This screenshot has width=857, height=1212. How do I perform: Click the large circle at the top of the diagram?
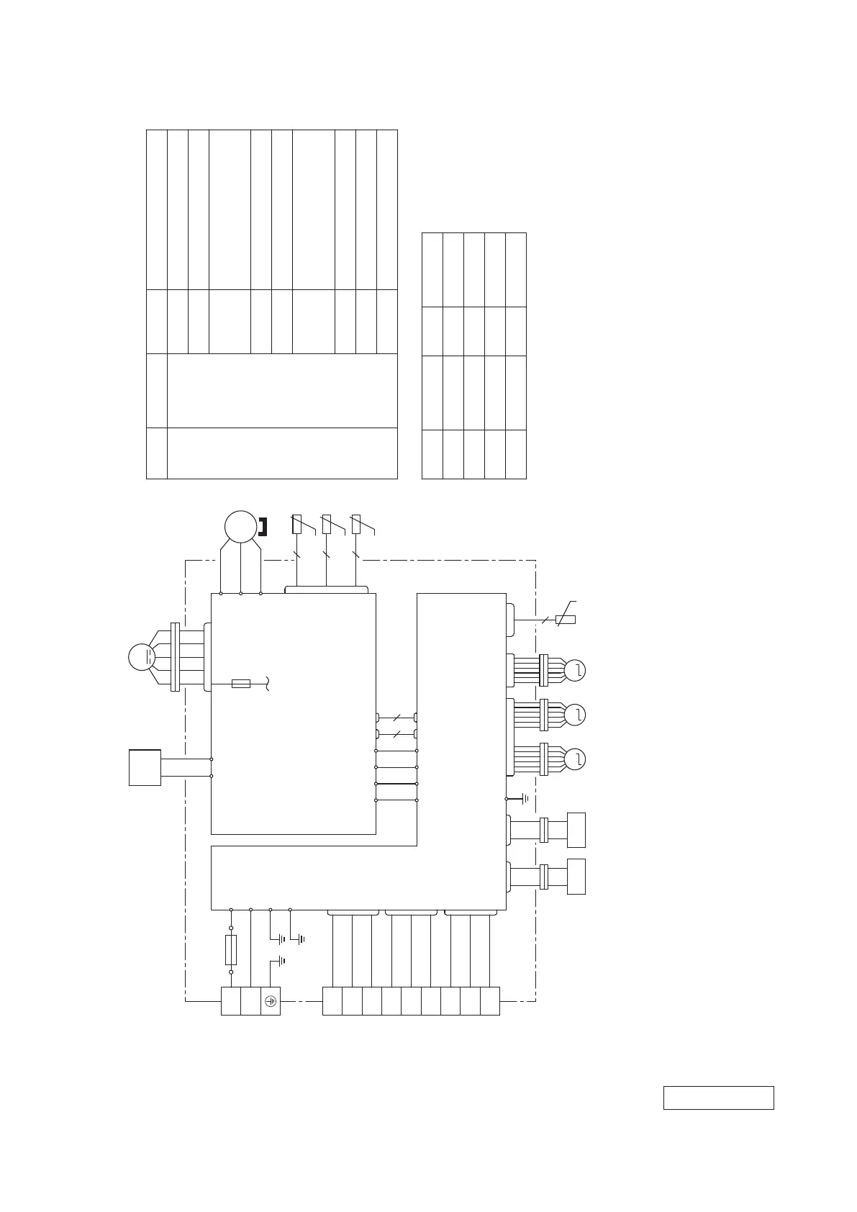coord(240,526)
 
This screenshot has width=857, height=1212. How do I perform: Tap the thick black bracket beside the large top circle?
coord(263,527)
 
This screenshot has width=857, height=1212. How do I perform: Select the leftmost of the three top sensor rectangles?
coord(296,524)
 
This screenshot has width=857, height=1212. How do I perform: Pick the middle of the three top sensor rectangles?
coord(326,524)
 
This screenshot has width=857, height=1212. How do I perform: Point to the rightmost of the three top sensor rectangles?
coord(355,524)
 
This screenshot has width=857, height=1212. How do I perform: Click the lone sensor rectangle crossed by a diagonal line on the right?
coord(565,619)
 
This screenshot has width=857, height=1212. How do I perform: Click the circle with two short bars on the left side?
coord(142,657)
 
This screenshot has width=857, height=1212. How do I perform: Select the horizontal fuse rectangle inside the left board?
coord(241,683)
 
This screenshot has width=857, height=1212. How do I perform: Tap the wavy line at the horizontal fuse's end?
coord(268,683)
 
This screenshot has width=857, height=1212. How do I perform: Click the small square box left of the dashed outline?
coord(145,767)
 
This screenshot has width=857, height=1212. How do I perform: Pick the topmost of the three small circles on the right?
coord(575,671)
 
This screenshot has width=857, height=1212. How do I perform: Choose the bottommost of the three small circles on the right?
coord(575,759)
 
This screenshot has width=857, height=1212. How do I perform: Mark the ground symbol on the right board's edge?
coord(525,799)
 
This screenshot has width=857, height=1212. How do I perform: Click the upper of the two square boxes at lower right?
coord(576,830)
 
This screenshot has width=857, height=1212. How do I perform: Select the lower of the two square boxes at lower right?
coord(576,876)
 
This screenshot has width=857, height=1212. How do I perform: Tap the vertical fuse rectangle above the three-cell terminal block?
coord(231,950)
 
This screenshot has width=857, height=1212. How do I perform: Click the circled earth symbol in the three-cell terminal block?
coord(271,1001)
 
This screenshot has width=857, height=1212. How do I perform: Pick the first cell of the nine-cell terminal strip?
coord(332,1001)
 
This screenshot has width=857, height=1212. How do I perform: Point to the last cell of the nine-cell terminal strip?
coord(489,1001)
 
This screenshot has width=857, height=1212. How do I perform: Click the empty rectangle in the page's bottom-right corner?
coord(718,1098)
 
